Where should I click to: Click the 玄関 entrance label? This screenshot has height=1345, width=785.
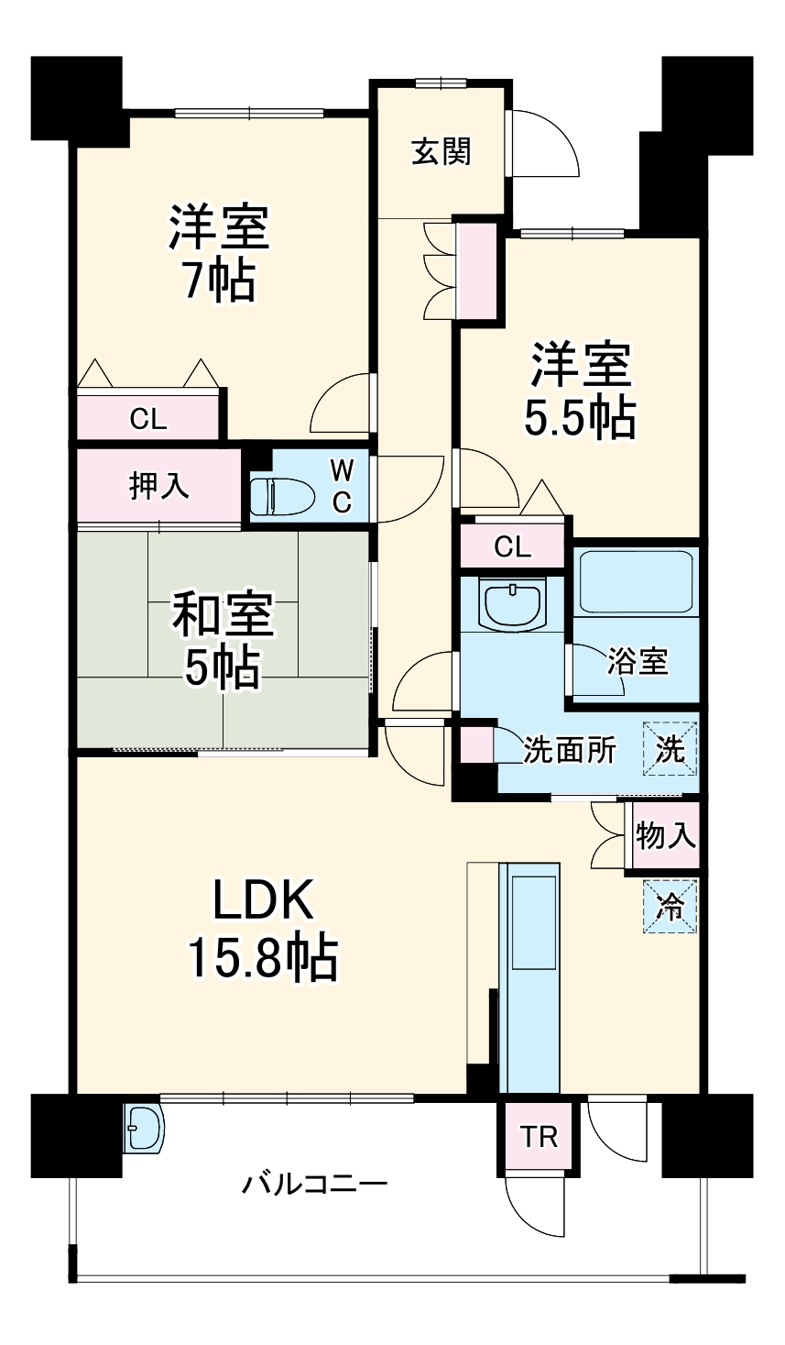(x=441, y=151)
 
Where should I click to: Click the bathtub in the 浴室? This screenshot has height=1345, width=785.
(x=636, y=581)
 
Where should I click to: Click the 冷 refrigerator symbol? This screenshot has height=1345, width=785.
(x=670, y=907)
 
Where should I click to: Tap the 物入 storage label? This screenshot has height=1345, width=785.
(x=666, y=835)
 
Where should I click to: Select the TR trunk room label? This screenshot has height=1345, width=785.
(x=539, y=1138)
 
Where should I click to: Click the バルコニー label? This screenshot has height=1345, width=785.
(x=314, y=1183)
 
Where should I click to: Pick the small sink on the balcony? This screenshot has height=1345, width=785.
(x=144, y=1128)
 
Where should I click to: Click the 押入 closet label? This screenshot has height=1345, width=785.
(x=159, y=486)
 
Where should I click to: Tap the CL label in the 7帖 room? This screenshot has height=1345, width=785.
(x=148, y=420)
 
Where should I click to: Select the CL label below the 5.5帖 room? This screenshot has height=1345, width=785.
(x=512, y=547)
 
